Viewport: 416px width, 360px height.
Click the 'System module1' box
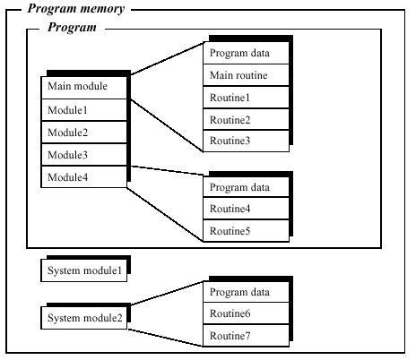click(x=84, y=270)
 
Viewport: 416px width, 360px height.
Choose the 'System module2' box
click(x=84, y=318)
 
